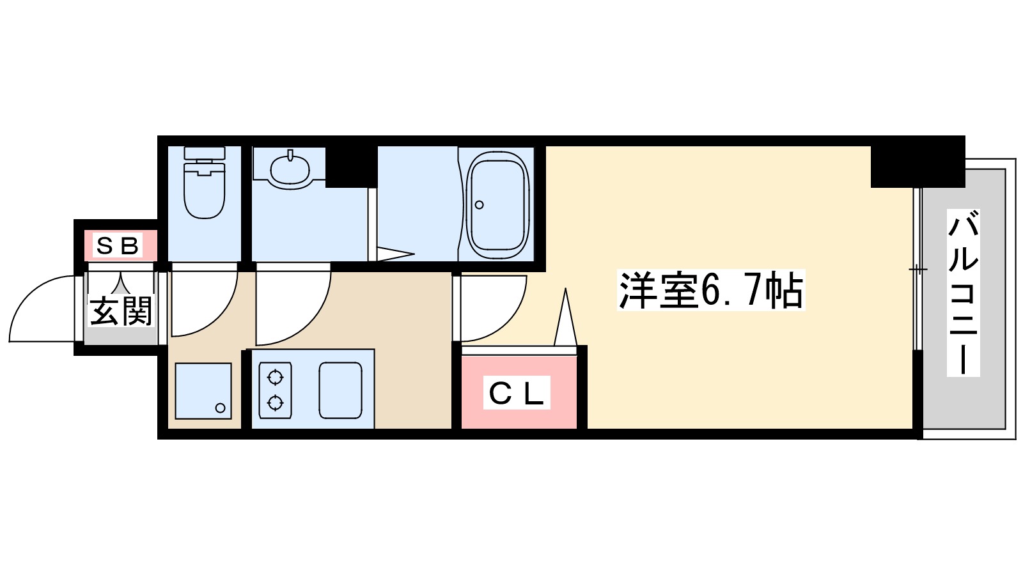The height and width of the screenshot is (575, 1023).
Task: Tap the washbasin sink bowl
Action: (290, 169)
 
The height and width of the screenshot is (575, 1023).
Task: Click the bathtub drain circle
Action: (480, 205)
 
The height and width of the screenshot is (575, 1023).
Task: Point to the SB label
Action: (118, 245)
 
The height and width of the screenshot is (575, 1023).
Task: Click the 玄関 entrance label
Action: (121, 311)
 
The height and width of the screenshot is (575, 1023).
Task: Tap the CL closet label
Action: (516, 394)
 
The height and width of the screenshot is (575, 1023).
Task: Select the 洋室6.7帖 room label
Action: (710, 291)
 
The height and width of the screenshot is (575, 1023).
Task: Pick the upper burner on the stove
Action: (275, 378)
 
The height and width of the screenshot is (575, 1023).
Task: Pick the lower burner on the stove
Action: (275, 402)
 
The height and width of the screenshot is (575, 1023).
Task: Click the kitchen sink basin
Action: (340, 390)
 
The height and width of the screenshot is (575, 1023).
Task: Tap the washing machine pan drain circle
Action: (221, 408)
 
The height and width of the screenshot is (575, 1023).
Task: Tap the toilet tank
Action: (205, 153)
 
